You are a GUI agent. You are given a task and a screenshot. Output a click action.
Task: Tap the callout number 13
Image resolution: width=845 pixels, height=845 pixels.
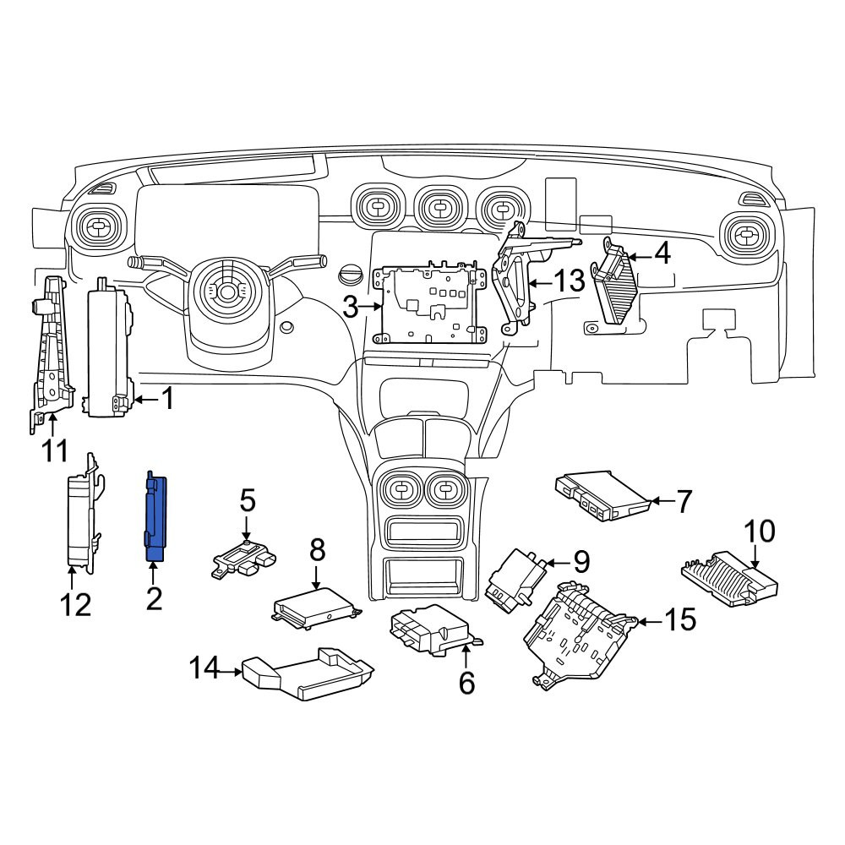[x=569, y=281]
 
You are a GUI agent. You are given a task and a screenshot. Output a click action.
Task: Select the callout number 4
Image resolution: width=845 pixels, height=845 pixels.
[x=662, y=253]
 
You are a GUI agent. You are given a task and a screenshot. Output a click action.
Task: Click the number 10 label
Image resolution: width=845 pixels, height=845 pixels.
[x=760, y=531]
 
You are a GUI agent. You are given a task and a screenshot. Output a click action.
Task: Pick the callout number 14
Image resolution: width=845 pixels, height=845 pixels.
[x=204, y=669]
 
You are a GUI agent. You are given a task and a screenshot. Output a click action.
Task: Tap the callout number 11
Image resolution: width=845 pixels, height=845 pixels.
[x=56, y=450]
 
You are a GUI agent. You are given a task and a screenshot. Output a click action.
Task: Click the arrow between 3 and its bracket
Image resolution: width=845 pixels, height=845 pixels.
[x=371, y=308]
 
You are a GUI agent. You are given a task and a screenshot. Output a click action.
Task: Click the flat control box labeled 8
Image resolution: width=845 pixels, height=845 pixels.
[x=317, y=608]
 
